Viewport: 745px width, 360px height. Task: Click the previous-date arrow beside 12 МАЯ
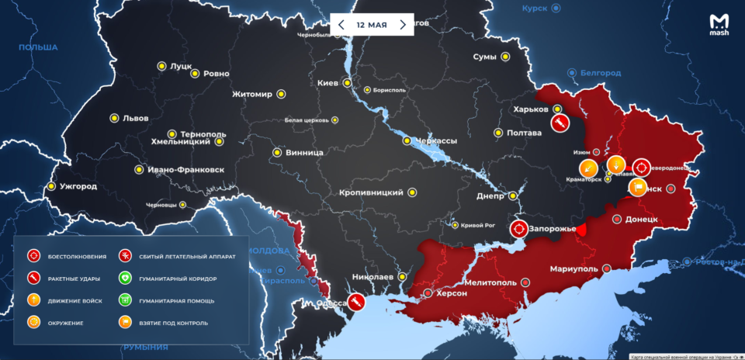pos(341,24)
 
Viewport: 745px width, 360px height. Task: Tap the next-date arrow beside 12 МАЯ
pos(403,24)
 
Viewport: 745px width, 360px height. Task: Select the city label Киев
pos(327,83)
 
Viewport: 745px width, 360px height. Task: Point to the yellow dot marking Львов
pos(115,119)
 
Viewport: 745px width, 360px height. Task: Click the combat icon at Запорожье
pos(518,229)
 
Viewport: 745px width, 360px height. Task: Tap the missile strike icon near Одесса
pos(356,302)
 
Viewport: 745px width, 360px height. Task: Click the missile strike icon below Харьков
pos(559,123)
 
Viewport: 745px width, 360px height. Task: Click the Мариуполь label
pos(573,268)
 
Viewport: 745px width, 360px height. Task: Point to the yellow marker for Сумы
pos(504,57)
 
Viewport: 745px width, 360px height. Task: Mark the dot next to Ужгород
pos(51,186)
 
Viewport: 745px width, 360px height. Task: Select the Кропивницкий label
pos(371,192)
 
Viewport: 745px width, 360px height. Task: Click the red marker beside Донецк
pos(617,220)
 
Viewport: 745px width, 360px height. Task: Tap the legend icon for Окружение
pos(33,322)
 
